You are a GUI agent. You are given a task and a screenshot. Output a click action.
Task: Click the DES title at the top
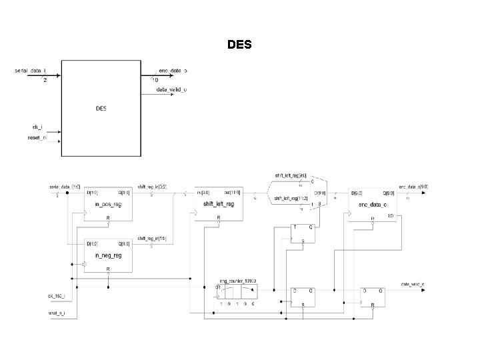[239, 45]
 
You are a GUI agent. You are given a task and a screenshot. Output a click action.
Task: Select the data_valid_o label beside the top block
[171, 89]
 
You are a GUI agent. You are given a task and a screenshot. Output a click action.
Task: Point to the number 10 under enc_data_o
[155, 81]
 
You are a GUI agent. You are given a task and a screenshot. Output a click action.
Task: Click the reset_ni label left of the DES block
[36, 138]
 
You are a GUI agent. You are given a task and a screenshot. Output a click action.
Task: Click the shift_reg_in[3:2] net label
[151, 187]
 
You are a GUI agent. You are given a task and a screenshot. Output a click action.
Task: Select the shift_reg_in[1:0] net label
[151, 238]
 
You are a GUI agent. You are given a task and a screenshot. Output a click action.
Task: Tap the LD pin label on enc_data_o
[389, 217]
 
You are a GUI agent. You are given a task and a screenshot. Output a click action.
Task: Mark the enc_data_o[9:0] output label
[413, 187]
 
